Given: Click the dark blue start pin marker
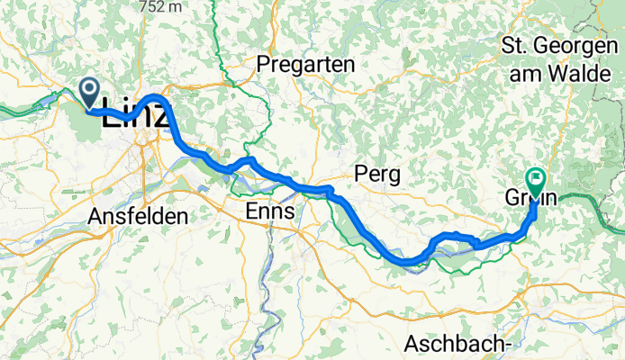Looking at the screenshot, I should (x=91, y=91).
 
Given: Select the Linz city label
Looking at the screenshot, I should (x=135, y=115).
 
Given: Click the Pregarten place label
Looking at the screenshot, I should (x=306, y=65).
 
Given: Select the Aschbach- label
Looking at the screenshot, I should (x=458, y=343).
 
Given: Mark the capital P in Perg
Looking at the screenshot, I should (x=361, y=171).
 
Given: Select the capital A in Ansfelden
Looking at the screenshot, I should (x=95, y=216).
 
